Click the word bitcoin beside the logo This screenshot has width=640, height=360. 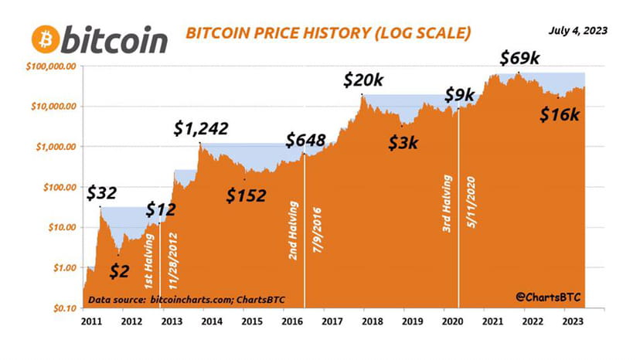(x=115, y=39)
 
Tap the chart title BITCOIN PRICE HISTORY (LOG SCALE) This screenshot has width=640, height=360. (x=326, y=34)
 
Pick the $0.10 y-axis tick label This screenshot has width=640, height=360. (x=59, y=307)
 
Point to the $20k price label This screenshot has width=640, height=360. (x=363, y=80)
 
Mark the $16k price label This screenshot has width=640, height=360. (x=559, y=114)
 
